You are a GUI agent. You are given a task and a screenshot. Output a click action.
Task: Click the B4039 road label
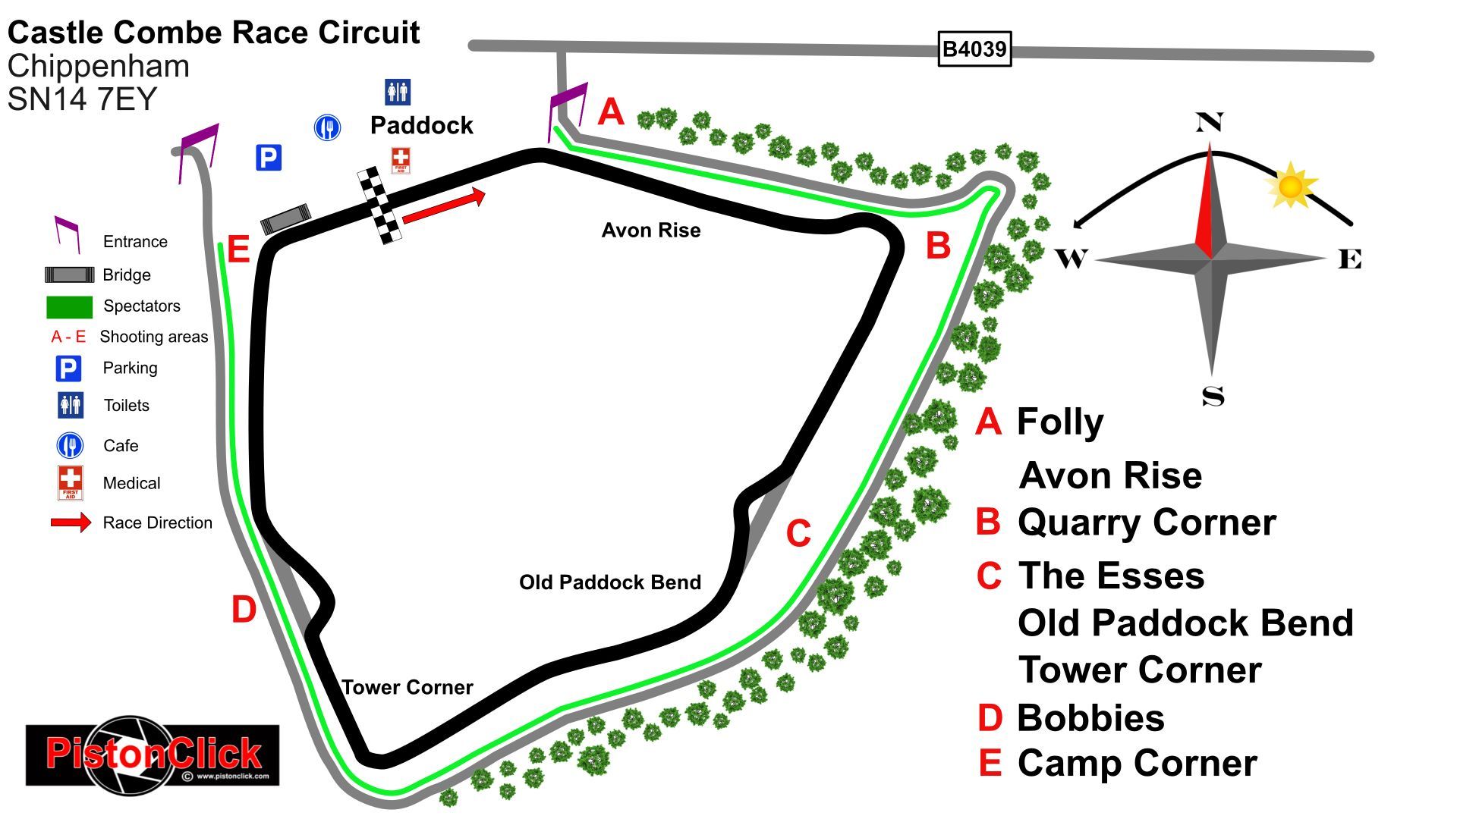974,49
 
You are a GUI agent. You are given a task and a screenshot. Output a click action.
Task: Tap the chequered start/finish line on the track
379,206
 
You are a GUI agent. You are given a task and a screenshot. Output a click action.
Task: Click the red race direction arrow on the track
444,207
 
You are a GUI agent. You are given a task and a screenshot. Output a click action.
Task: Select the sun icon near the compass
1290,186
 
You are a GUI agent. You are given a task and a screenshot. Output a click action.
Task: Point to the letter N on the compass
1209,122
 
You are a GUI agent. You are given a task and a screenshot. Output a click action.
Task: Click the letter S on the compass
1213,396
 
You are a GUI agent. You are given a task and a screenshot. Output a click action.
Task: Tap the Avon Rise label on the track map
650,231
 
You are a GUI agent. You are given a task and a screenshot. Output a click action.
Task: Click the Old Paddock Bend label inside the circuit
609,582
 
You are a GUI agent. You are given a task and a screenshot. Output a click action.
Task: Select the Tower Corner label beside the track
408,687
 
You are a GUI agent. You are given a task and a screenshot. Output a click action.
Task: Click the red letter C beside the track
798,533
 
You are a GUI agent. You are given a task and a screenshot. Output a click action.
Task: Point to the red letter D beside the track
244,610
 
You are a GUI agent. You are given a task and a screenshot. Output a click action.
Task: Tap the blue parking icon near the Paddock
269,158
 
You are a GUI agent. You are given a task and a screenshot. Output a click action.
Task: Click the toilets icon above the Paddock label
397,92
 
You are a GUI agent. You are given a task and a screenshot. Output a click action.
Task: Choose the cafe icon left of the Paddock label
327,127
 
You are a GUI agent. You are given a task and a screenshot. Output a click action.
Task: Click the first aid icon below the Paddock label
400,160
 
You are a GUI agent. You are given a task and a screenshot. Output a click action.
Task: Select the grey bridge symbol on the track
286,218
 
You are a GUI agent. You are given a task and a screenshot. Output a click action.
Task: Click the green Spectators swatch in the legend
69,306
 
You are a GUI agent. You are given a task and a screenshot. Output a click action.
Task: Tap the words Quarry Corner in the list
1146,522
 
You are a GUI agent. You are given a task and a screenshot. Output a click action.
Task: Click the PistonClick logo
153,754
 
